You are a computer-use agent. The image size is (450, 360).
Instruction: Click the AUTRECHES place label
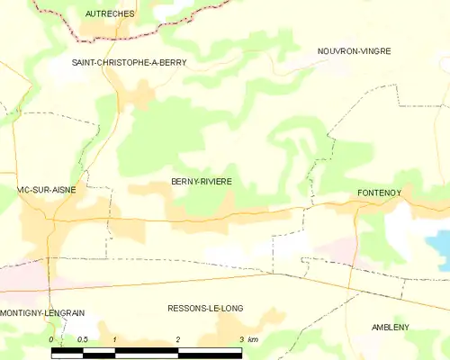(x=109, y=14)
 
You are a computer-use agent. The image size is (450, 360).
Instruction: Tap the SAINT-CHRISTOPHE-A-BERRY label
(x=130, y=62)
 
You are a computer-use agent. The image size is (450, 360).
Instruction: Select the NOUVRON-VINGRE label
(x=354, y=51)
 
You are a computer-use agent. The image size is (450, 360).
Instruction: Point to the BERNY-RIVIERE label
(x=202, y=182)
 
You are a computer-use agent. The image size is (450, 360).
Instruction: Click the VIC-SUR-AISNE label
(x=46, y=190)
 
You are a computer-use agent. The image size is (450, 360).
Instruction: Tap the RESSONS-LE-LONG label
(x=205, y=308)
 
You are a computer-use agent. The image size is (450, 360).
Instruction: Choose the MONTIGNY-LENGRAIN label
(x=43, y=313)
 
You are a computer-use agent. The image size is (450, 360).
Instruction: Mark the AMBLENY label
(x=391, y=328)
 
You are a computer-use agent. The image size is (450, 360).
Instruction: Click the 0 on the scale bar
(x=51, y=339)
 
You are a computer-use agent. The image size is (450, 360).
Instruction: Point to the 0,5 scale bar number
(x=82, y=339)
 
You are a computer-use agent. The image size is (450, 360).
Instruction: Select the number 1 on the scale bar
(x=115, y=339)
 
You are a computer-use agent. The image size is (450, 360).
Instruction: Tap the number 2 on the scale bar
(x=178, y=339)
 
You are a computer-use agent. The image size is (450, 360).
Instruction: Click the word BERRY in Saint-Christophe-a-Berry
(x=170, y=62)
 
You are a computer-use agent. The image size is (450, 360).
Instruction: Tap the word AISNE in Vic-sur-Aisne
(x=61, y=190)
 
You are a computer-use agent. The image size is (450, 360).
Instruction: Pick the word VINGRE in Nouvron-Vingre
(x=373, y=51)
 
